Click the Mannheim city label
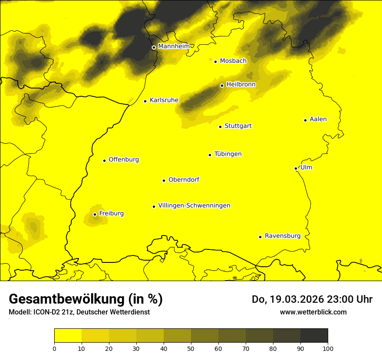pyautogui.click(x=174, y=46)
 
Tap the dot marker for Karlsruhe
pyautogui.click(x=145, y=101)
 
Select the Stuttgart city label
pyautogui.click(x=238, y=126)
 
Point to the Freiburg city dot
pyautogui.click(x=95, y=214)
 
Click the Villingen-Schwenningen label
pyautogui.click(x=194, y=206)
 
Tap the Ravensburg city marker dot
pyautogui.click(x=260, y=237)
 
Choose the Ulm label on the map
pyautogui.click(x=306, y=167)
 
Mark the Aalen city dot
pyautogui.click(x=305, y=120)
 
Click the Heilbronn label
pyautogui.click(x=241, y=85)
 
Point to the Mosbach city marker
pyautogui.click(x=215, y=62)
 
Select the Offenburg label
pyautogui.click(x=124, y=160)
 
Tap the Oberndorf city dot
pyautogui.click(x=164, y=180)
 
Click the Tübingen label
pyautogui.click(x=228, y=154)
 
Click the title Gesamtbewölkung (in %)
pyautogui.click(x=86, y=299)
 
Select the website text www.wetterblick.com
pyautogui.click(x=313, y=312)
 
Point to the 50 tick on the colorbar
pyautogui.click(x=191, y=348)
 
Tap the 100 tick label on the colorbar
pyautogui.click(x=328, y=348)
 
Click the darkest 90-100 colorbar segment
pyautogui.click(x=314, y=335)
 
